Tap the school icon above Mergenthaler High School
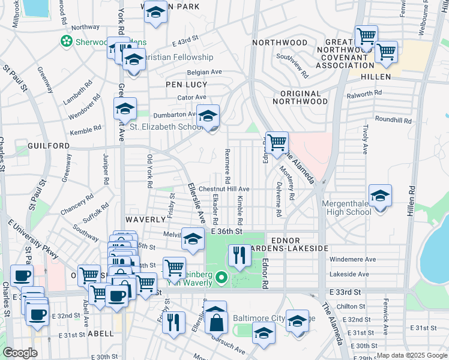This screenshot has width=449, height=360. [380, 196]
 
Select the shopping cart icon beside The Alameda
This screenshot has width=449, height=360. [277, 143]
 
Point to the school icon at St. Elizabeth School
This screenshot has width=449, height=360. [208, 116]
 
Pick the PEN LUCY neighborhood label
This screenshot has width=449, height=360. [186, 85]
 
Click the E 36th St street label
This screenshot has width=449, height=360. [226, 231]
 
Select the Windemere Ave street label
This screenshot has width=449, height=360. [352, 259]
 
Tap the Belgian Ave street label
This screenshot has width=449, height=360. [204, 71]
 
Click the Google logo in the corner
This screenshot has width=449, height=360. [20, 353]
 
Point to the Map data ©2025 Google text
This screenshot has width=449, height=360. [411, 355]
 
